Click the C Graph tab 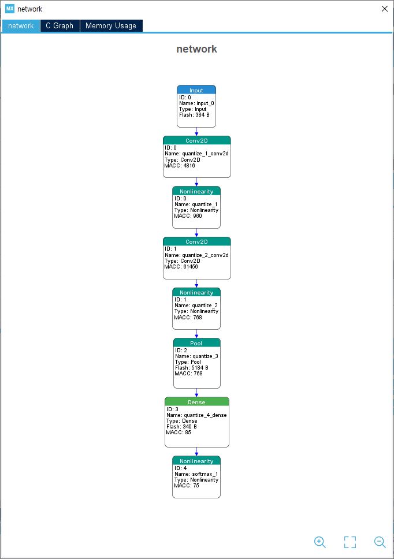[60, 25]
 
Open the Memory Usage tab [111, 25]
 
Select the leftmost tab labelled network [21, 25]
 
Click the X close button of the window [384, 9]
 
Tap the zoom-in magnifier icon [320, 542]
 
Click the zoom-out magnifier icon [380, 542]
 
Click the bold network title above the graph [196, 49]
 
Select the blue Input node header [196, 90]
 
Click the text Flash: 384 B [194, 115]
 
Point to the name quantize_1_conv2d [206, 154]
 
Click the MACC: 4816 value [180, 165]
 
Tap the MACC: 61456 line [181, 267]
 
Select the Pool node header [197, 342]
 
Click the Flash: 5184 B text [192, 367]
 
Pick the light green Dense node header [197, 402]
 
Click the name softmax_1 [205, 474]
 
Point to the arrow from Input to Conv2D [196, 132]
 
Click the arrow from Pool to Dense [196, 393]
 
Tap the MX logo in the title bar [10, 9]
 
